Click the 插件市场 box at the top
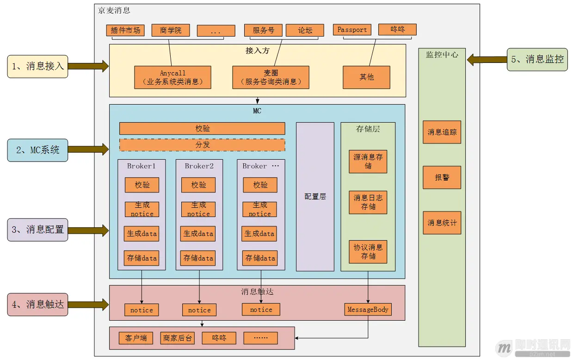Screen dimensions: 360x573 pyautogui.click(x=125, y=30)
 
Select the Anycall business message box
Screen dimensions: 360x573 pyautogui.click(x=173, y=77)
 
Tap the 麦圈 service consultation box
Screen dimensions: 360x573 pyautogui.click(x=271, y=77)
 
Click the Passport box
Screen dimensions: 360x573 pyautogui.click(x=352, y=30)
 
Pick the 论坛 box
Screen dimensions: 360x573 pyautogui.click(x=305, y=30)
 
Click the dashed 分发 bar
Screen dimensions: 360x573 pyautogui.click(x=202, y=145)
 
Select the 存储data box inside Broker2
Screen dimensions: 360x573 pyautogui.click(x=198, y=258)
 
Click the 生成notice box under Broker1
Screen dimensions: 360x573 pyautogui.click(x=142, y=209)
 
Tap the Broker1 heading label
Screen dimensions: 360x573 pyautogui.click(x=141, y=166)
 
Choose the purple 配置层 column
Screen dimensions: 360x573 pyautogui.click(x=315, y=197)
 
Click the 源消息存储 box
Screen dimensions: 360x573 pyautogui.click(x=368, y=161)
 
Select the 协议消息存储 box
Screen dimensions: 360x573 pyautogui.click(x=368, y=252)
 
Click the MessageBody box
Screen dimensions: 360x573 pyautogui.click(x=368, y=310)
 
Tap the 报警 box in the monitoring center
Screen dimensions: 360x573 pyautogui.click(x=442, y=177)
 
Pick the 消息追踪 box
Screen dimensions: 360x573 pyautogui.click(x=442, y=132)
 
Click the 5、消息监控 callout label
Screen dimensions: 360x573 pyautogui.click(x=537, y=59)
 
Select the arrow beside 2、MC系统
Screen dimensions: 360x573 pyautogui.click(x=88, y=149)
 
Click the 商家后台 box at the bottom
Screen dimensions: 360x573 pyautogui.click(x=177, y=338)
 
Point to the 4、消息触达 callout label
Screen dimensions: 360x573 pyautogui.click(x=37, y=304)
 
